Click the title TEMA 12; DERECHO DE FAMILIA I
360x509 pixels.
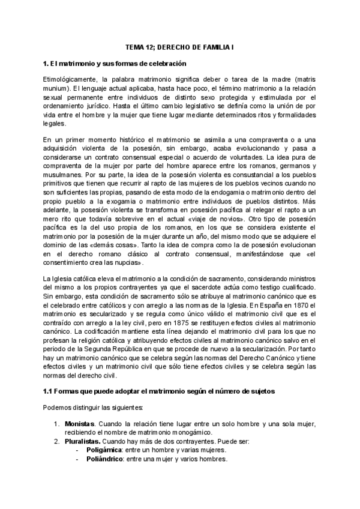pyautogui.click(x=180, y=46)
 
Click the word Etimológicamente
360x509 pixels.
pyautogui.click(x=69, y=79)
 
